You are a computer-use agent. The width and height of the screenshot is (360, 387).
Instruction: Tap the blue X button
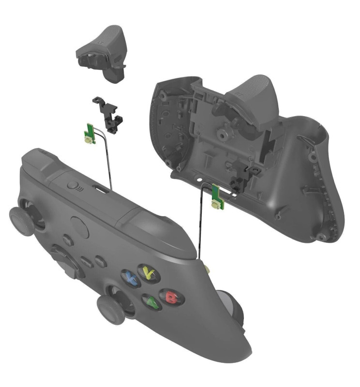pyautogui.click(x=130, y=277)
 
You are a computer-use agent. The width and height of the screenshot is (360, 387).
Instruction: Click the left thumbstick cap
pyautogui.click(x=22, y=222)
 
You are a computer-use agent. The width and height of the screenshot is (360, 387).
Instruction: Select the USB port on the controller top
pyautogui.click(x=102, y=189)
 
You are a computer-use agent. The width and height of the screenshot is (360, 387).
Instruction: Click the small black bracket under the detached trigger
pyautogui.click(x=108, y=115)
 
